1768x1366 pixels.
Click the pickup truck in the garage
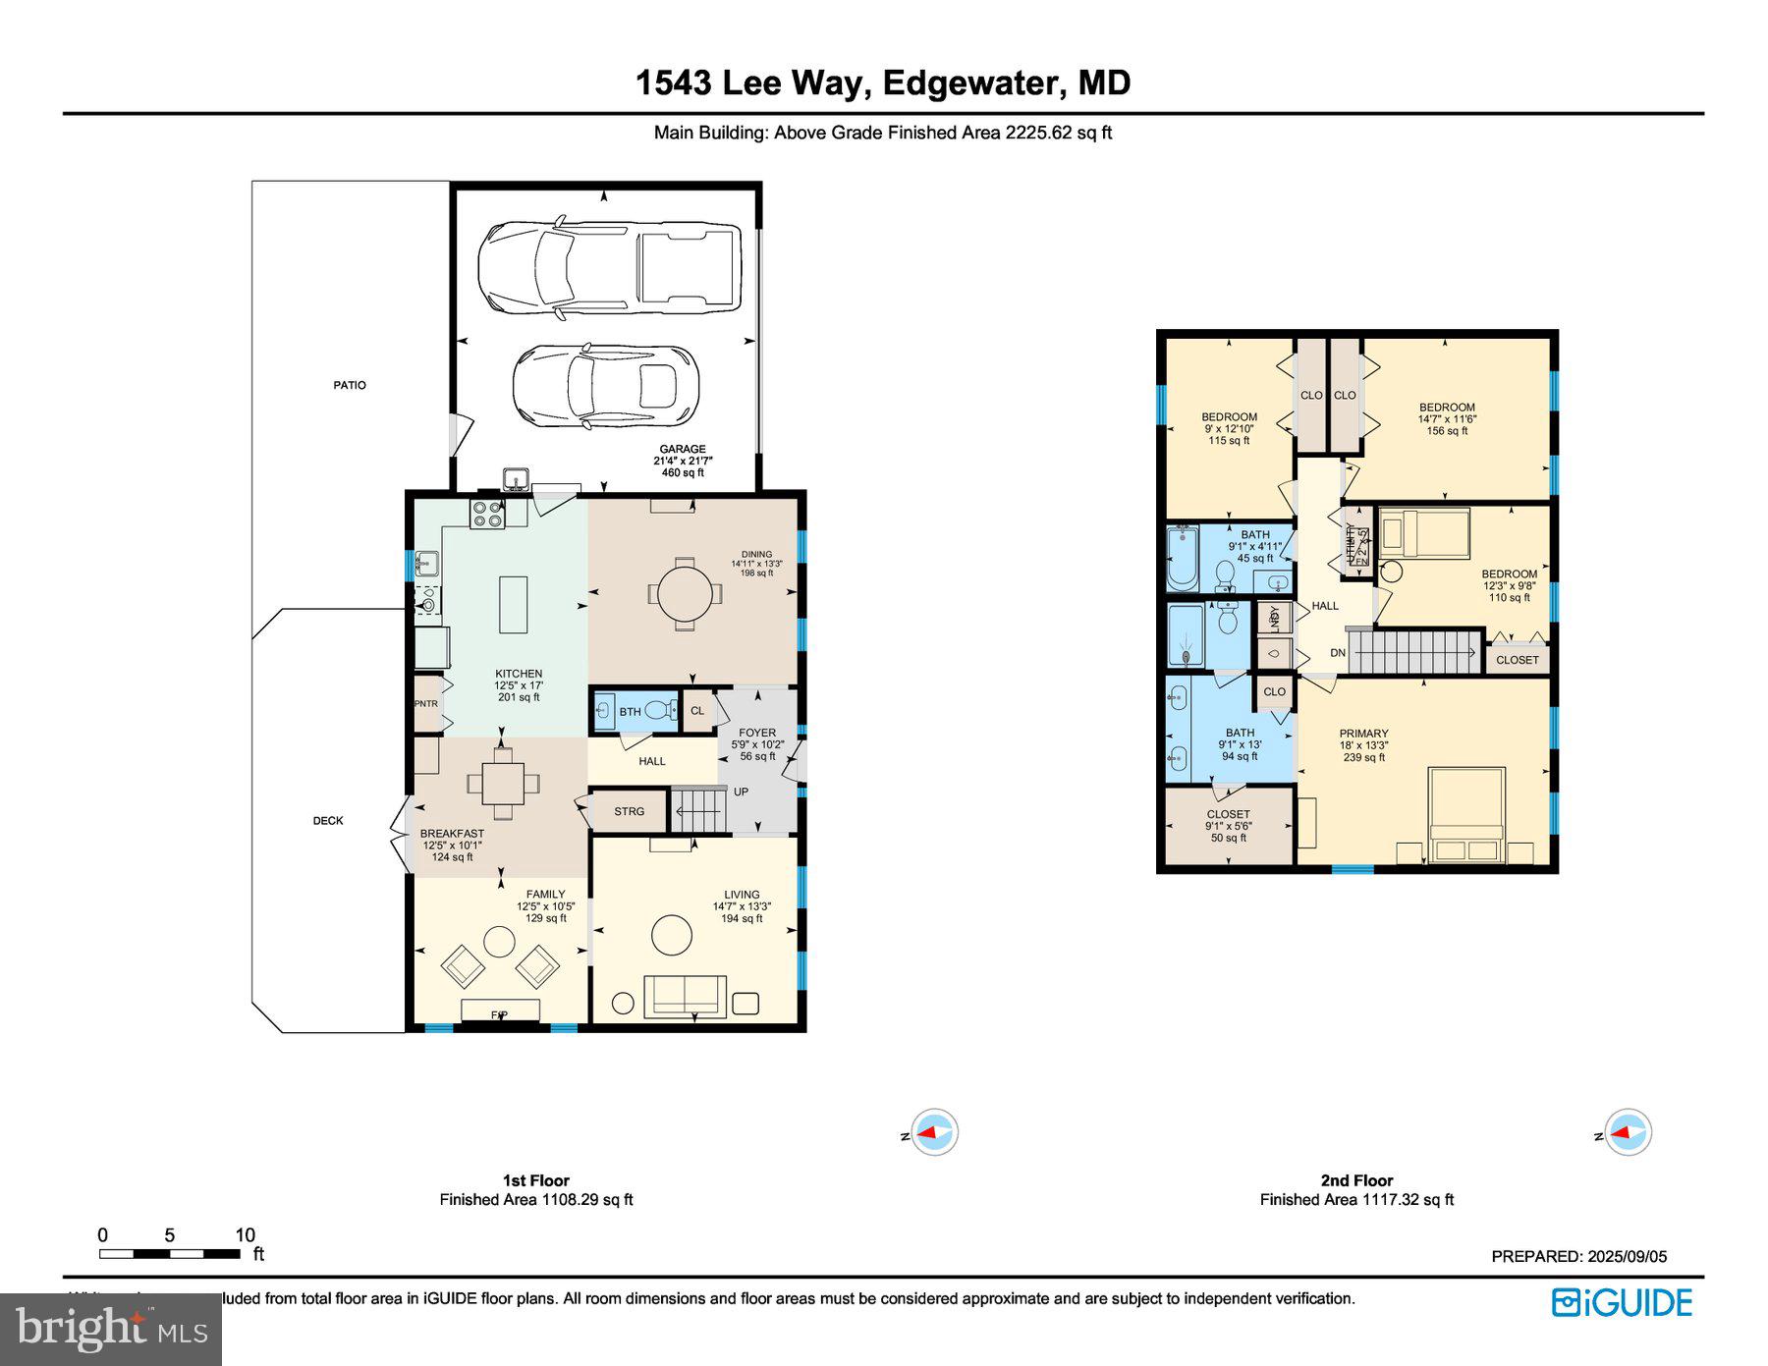coord(609,268)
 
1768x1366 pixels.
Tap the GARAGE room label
coord(683,450)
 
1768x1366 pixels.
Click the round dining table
coord(685,593)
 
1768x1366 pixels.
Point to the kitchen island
coord(513,605)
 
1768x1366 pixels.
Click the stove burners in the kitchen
coord(487,515)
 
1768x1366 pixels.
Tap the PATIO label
coord(349,385)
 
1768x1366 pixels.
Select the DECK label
coord(328,821)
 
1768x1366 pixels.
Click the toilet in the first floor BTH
coord(660,710)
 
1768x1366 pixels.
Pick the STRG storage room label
coord(629,811)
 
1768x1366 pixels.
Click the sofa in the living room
coord(685,996)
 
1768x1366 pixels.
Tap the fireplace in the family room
coord(500,1011)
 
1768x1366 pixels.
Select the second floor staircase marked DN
coord(1413,652)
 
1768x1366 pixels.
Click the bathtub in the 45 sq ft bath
coord(1183,558)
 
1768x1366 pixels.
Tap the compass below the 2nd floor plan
coord(1628,1132)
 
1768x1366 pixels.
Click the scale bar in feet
coord(169,1254)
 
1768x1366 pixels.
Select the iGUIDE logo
coord(1622,1303)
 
